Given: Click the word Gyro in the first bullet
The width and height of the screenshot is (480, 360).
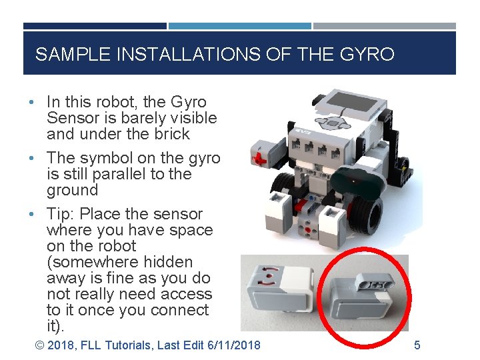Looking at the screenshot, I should (189, 102).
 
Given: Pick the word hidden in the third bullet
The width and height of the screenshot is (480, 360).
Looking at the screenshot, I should (169, 262).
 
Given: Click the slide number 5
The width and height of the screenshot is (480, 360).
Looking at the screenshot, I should (417, 345).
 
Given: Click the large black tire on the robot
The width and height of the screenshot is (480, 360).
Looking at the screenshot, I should (363, 213).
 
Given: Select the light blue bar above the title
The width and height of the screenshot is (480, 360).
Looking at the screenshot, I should (239, 26).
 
